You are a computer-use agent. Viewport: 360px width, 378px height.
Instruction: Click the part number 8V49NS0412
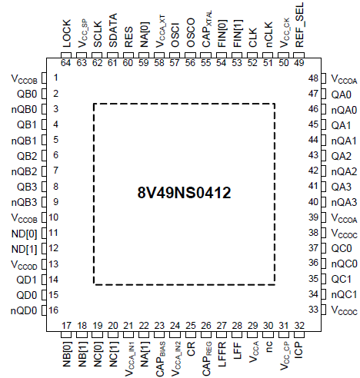[184, 193]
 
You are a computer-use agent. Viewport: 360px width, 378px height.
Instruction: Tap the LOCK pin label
[66, 34]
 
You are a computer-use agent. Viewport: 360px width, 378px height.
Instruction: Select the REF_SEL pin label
[299, 25]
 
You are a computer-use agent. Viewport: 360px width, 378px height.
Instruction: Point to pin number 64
[65, 63]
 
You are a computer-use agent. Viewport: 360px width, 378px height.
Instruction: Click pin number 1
[55, 78]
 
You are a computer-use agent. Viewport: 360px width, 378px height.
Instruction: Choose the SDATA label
[113, 31]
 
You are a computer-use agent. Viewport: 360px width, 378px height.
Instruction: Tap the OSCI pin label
[175, 35]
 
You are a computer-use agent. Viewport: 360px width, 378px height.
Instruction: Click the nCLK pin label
[268, 35]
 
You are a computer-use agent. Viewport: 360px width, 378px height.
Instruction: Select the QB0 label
[27, 94]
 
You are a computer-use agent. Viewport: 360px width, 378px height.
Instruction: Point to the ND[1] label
[25, 249]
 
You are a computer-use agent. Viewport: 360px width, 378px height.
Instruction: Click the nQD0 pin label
[24, 310]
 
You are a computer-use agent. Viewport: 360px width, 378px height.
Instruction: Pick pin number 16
[53, 310]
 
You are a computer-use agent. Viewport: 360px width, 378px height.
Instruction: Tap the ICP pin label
[299, 350]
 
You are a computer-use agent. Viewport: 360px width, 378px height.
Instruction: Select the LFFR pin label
[222, 354]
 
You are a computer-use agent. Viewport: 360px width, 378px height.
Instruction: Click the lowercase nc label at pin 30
[269, 346]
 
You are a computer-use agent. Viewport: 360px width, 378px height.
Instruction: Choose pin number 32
[299, 326]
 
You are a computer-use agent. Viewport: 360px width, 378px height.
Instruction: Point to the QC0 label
[342, 248]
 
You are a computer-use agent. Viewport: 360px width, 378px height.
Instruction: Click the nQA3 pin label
[344, 202]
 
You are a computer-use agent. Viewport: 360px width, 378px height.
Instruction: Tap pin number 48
[313, 78]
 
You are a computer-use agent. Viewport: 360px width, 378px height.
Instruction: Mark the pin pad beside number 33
[323, 310]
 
